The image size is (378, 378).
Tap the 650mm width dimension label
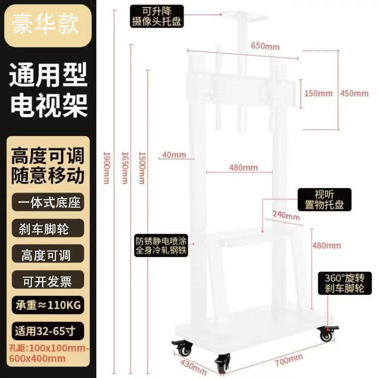(265, 47)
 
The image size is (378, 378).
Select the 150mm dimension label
(319, 93)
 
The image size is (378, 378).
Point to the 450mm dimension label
(354, 93)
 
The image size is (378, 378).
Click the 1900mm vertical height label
(106, 168)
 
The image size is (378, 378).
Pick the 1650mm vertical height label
(124, 168)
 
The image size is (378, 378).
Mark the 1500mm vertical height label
(142, 168)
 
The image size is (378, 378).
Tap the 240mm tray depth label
(285, 215)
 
